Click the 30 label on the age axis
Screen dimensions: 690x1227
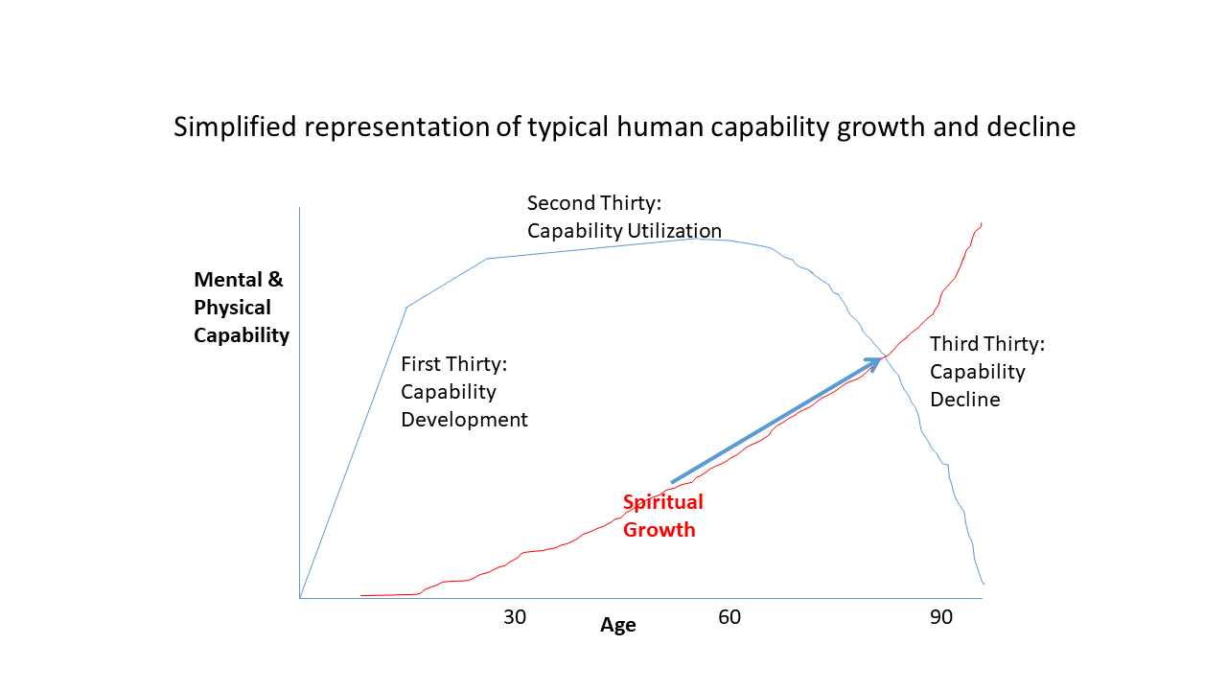click(515, 617)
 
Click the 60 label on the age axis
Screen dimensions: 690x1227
click(729, 617)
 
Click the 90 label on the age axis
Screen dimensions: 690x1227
click(941, 617)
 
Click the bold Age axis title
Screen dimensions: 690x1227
click(618, 626)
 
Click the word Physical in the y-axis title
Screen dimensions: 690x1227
click(232, 308)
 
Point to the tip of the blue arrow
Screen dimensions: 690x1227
click(882, 358)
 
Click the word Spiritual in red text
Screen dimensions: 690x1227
click(663, 502)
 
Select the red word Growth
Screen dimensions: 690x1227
click(660, 529)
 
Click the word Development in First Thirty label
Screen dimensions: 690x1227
click(464, 420)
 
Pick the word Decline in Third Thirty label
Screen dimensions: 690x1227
click(964, 400)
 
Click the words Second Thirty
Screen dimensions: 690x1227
click(603, 203)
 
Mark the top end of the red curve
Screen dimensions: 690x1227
click(981, 223)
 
